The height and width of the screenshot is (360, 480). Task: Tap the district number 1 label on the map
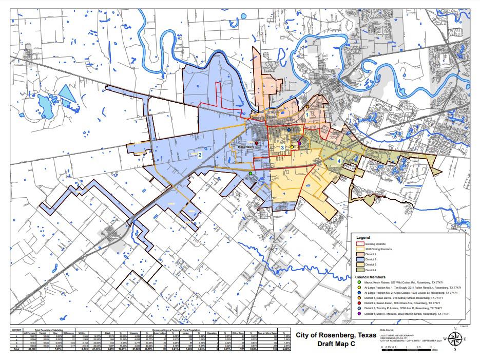pos(307,116)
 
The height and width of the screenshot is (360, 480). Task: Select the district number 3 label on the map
pos(282,148)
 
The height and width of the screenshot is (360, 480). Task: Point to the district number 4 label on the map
pos(340,161)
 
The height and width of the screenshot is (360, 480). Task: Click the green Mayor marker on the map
pos(251,174)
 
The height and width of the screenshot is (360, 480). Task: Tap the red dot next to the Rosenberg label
pos(256,143)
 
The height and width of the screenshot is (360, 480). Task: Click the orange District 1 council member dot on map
pos(307,107)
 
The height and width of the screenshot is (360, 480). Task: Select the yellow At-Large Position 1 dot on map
pos(292,147)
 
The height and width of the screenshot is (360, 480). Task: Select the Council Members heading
pos(370,276)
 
